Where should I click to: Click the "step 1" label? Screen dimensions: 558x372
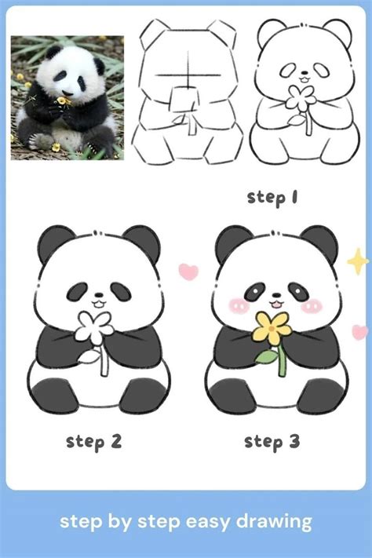(x=272, y=197)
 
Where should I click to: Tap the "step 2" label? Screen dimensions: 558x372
(x=94, y=441)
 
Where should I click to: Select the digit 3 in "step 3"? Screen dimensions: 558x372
(x=293, y=441)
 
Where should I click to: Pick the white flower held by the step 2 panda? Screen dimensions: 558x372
(x=93, y=327)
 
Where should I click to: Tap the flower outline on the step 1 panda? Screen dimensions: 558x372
(x=298, y=97)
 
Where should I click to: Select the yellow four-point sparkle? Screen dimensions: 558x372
(x=358, y=261)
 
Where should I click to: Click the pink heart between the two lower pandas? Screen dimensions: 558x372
(x=188, y=272)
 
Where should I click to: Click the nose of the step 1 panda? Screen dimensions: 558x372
(x=299, y=75)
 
